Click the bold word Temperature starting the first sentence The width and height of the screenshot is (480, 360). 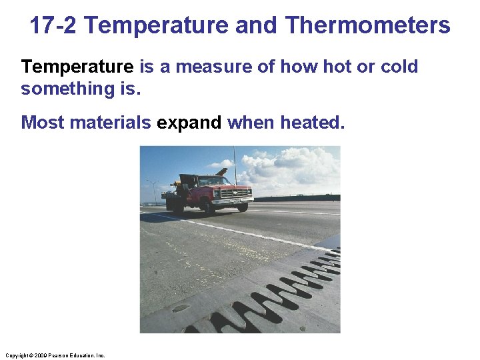tap(77, 67)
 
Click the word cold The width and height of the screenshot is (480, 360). tap(399, 67)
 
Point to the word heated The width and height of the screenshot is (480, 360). tap(313, 123)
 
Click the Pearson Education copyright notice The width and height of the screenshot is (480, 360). tap(55, 355)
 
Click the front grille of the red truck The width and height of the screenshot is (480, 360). tap(236, 193)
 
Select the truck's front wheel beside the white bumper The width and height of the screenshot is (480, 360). tap(243, 207)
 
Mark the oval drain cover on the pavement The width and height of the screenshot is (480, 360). tap(180, 308)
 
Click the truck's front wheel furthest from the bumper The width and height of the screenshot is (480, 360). tap(211, 207)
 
